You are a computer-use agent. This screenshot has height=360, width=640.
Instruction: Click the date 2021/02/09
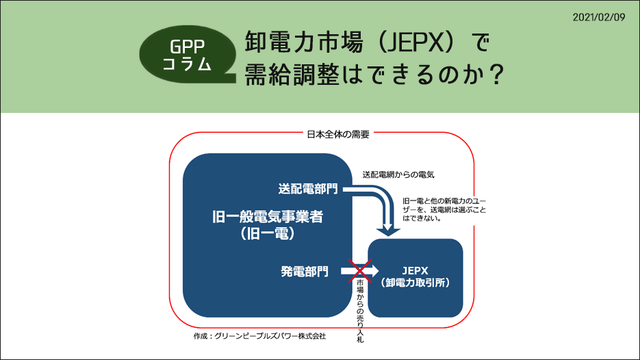[599, 16]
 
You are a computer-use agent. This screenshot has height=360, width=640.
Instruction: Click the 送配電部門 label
[309, 188]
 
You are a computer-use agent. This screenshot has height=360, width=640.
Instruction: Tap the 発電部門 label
[305, 271]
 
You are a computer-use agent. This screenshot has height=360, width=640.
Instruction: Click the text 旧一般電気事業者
[268, 218]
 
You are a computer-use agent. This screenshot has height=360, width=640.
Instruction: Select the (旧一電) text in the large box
[268, 235]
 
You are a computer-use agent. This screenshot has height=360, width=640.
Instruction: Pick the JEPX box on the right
[415, 277]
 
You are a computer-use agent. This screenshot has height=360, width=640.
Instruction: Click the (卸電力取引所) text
[415, 282]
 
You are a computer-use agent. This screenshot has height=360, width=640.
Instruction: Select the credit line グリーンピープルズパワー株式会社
[270, 336]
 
